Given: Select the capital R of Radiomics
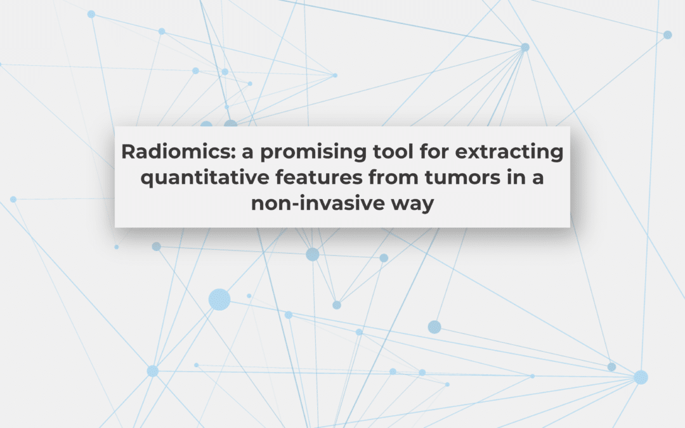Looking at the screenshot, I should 127,153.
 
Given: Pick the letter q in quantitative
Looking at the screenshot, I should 147,180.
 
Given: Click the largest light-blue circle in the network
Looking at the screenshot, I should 219,299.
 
